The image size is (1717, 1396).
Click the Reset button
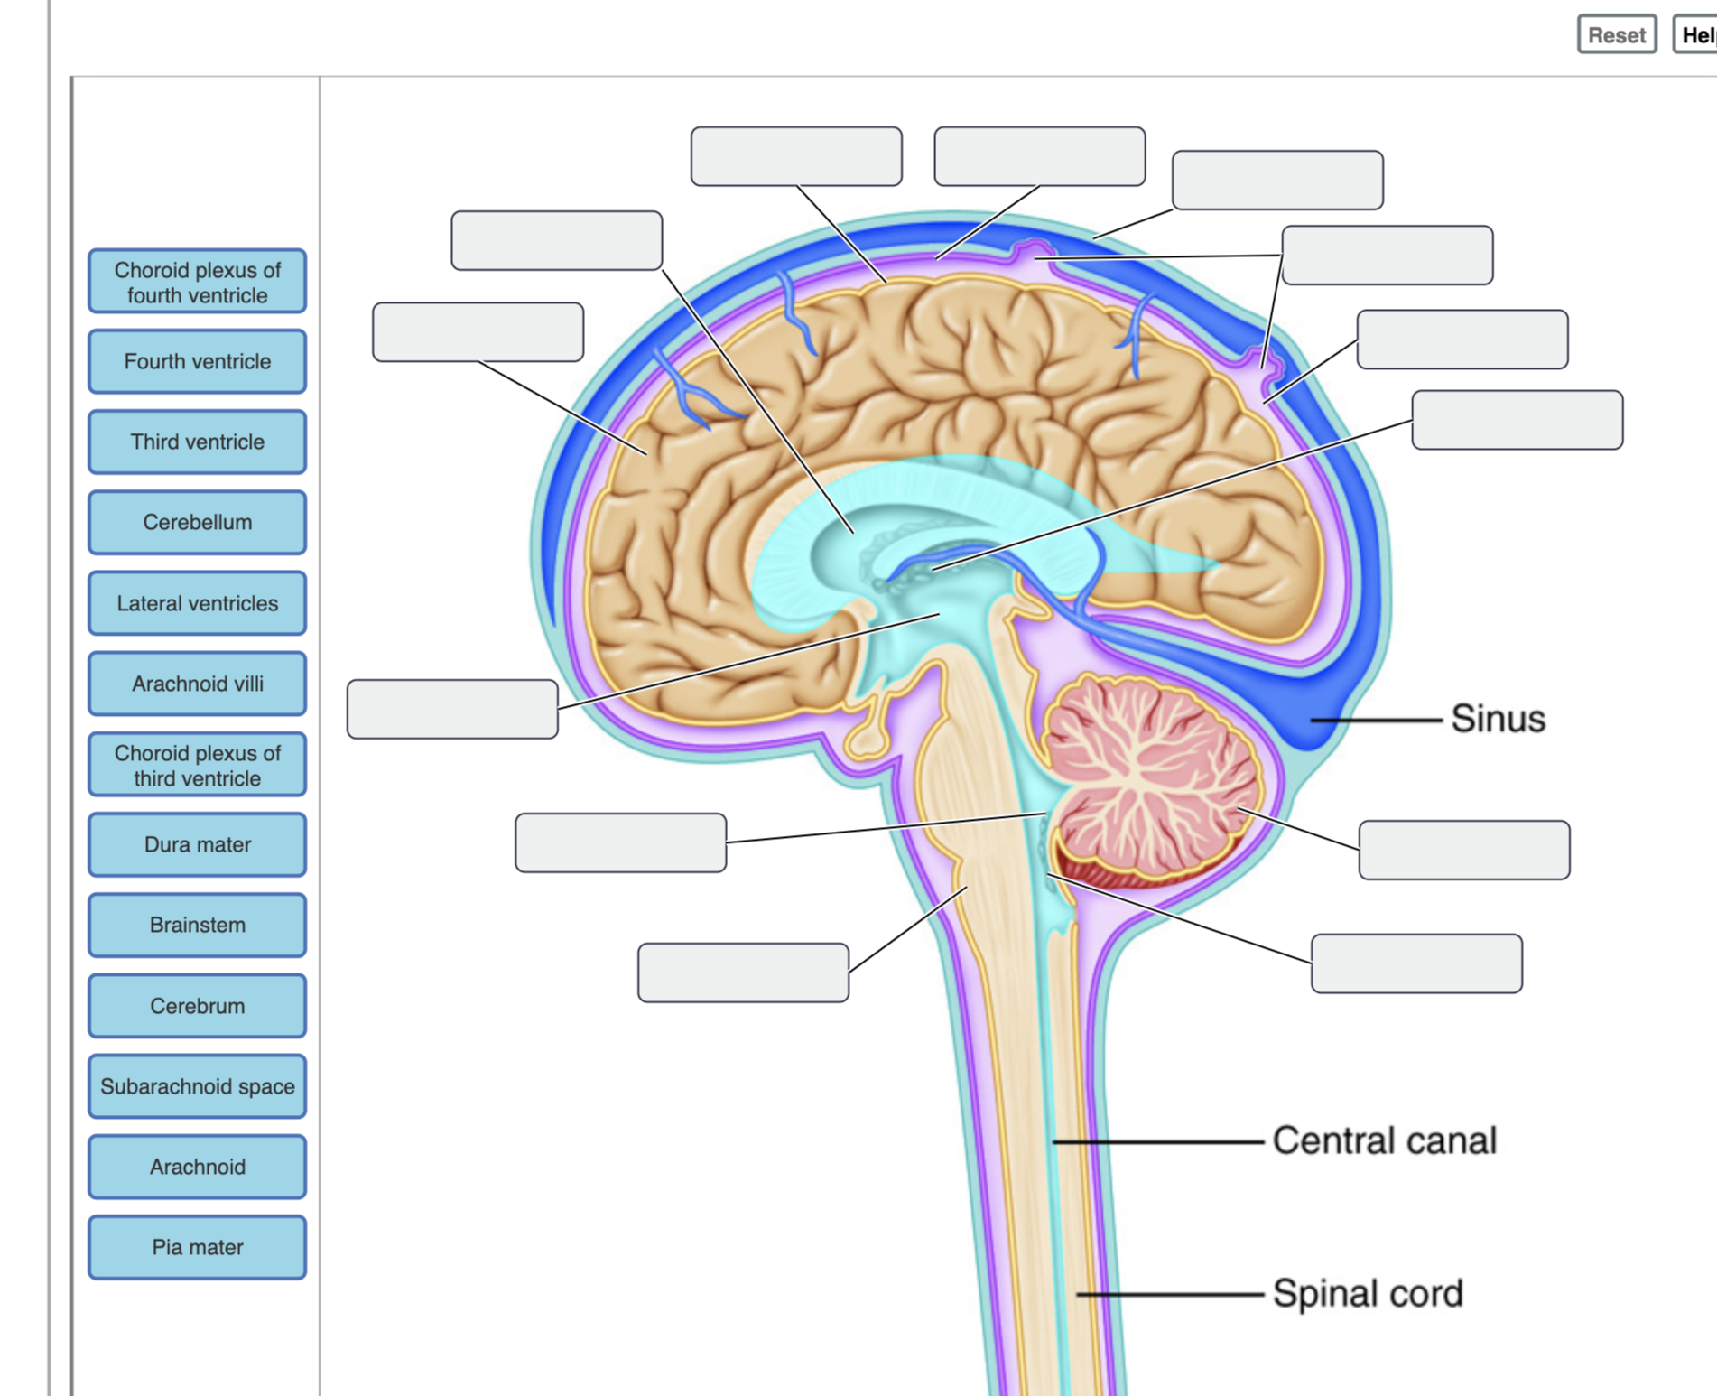[x=1617, y=34]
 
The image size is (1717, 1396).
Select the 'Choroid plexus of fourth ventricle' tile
[x=197, y=282]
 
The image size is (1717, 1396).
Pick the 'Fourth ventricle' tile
[x=197, y=361]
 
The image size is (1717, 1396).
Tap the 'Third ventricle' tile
[x=197, y=442]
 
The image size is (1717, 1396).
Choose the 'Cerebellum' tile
[x=197, y=522]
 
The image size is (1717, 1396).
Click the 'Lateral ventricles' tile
[x=197, y=603]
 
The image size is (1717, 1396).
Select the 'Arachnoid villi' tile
[x=197, y=684]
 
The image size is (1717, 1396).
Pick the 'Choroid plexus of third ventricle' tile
[x=197, y=765]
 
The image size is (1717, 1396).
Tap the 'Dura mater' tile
[x=197, y=844]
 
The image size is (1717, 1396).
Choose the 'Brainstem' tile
[x=197, y=925]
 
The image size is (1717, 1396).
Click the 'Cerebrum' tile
[x=197, y=1006]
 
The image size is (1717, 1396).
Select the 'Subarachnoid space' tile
[x=197, y=1086]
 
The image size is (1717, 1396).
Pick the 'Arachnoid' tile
[x=197, y=1167]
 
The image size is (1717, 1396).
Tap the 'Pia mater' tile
[x=197, y=1247]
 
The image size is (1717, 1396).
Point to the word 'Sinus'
[x=1498, y=719]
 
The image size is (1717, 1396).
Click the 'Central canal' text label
[x=1384, y=1140]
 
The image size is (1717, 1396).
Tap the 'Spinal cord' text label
[x=1368, y=1293]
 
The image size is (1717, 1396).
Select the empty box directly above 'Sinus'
[x=1517, y=420]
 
